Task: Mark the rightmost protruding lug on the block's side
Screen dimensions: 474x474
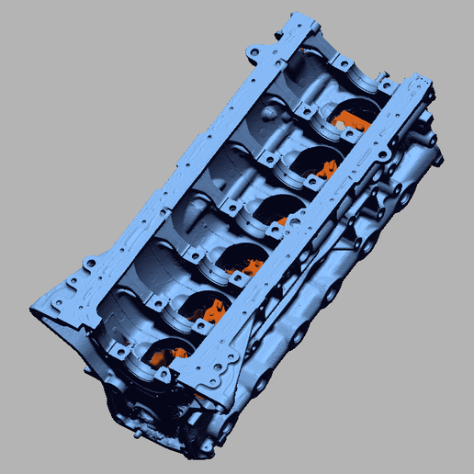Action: pyautogui.click(x=441, y=158)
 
